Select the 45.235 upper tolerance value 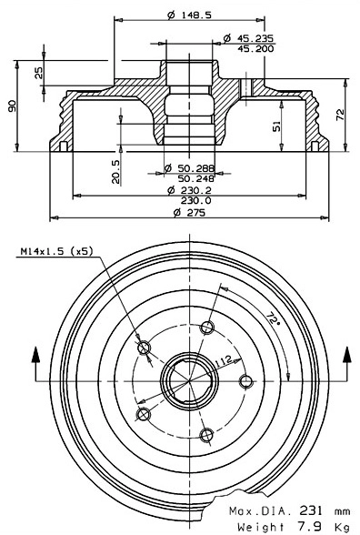pos(255,38)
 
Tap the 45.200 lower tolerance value pos(255,49)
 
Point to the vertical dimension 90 pos(12,107)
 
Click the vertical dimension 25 pos(38,73)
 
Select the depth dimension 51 pos(276,127)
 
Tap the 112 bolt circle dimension pos(219,361)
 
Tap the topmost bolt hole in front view pos(208,328)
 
